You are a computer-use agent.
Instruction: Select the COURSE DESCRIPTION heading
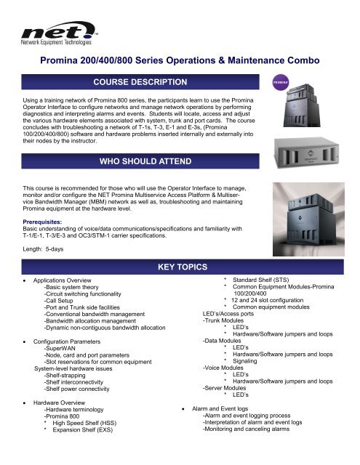[x=141, y=81]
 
